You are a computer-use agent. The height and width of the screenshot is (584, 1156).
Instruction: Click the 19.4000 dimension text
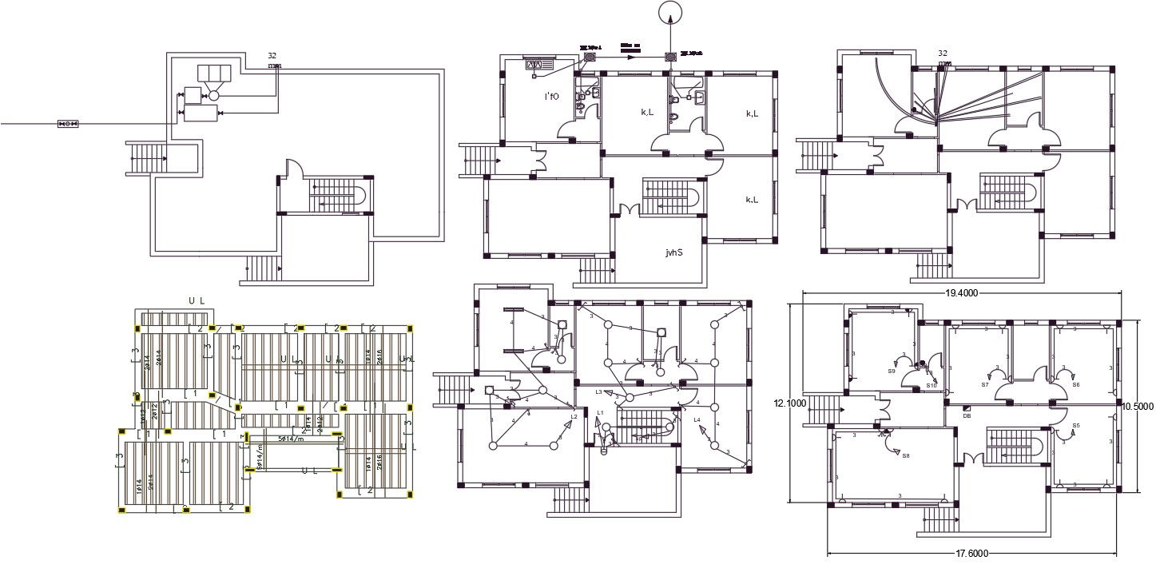coord(963,294)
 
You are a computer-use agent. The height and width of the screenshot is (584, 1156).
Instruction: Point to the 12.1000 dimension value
coord(789,404)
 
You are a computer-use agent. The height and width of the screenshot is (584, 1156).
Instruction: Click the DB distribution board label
coord(967,415)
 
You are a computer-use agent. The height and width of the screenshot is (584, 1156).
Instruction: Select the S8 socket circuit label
coord(905,456)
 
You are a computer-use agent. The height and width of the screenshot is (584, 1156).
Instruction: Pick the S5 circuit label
coord(1076,426)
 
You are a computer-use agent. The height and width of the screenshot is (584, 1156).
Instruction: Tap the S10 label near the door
coord(932,386)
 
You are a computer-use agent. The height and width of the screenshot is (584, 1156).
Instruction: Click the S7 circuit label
coord(985,385)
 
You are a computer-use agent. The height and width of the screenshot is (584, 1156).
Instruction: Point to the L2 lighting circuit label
coord(574,417)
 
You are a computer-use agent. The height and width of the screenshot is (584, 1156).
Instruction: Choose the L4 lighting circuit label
coord(697,419)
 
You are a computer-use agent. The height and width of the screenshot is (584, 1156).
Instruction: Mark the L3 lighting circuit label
coord(598,392)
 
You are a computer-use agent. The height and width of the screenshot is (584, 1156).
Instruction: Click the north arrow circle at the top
coord(670,14)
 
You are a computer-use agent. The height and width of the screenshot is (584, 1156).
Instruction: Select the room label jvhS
coord(674,253)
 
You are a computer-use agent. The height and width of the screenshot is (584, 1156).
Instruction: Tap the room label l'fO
coord(551,97)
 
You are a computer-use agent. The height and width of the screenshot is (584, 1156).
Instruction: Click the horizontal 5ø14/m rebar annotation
coord(291,439)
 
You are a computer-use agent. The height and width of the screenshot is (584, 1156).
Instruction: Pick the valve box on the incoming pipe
coord(68,124)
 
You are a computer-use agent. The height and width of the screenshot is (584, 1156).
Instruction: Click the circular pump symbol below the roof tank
coord(213,96)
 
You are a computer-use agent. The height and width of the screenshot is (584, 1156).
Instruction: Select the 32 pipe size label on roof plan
coord(272,56)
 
